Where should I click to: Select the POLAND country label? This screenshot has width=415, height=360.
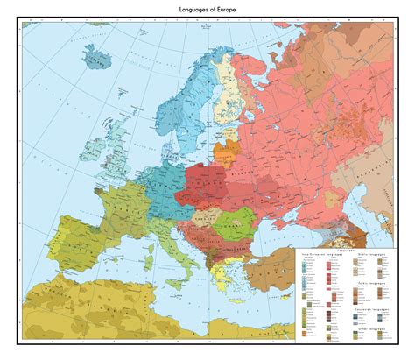(x=207, y=176)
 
